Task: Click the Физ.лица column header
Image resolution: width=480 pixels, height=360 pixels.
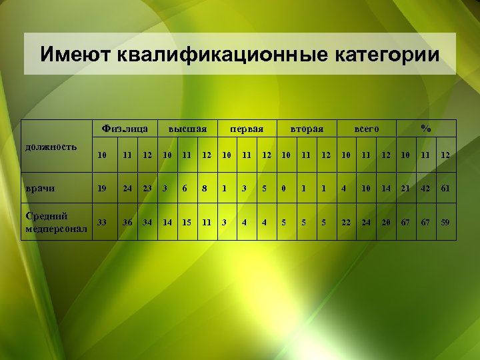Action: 125,127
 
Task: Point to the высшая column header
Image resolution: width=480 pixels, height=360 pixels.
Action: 187,128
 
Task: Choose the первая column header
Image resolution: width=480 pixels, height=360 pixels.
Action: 247,128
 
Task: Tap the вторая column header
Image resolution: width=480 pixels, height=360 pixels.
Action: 306,128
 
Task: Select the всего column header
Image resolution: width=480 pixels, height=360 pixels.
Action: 366,128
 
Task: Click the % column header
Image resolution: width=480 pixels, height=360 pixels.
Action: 425,127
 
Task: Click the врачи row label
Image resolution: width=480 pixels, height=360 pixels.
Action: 39,188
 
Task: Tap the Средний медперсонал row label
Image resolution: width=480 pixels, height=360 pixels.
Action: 55,222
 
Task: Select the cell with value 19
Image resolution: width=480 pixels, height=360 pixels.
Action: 102,188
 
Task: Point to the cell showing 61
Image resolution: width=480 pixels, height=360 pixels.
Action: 445,188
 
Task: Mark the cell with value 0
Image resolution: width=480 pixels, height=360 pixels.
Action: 284,188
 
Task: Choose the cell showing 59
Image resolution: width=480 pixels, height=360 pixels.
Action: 445,222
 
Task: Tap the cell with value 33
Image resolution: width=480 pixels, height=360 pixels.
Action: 102,222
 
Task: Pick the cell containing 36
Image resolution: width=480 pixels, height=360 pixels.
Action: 127,222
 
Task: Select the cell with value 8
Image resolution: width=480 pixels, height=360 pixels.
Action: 206,188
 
